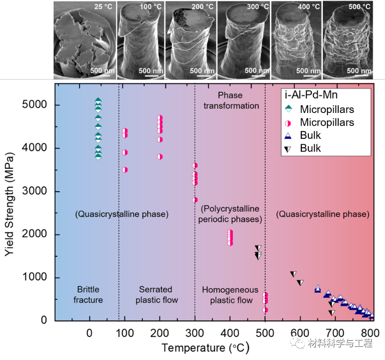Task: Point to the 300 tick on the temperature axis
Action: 194,330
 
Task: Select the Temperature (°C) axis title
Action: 205,348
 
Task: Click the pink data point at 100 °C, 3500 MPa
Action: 125,170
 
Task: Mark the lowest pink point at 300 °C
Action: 194,200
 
